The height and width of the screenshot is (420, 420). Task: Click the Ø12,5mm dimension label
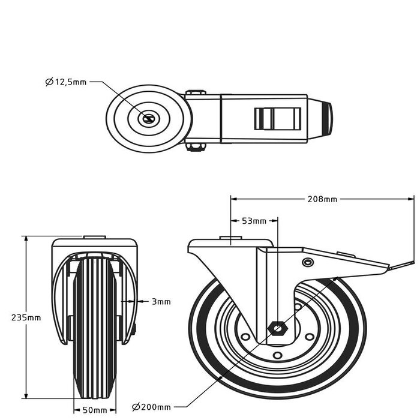click(66, 83)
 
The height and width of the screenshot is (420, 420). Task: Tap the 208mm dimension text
click(322, 199)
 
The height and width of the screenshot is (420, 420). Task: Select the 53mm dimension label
click(253, 221)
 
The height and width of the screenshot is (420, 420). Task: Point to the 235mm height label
click(27, 317)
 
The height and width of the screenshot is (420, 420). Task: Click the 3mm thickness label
click(161, 302)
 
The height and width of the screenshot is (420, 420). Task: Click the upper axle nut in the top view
click(196, 93)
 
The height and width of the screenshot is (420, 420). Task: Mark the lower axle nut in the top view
click(195, 146)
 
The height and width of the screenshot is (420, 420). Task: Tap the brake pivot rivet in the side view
click(308, 263)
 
